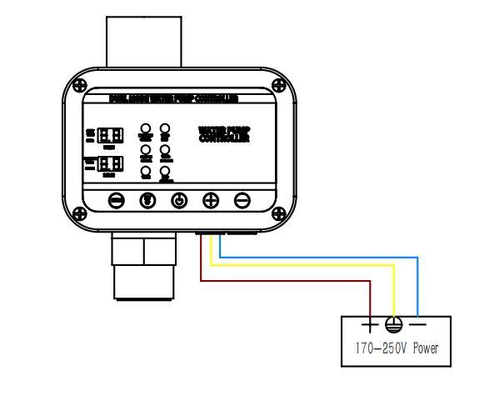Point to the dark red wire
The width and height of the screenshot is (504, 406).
(283, 281)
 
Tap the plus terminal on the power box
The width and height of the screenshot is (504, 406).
(371, 324)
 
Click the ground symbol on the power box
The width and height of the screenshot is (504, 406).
(394, 325)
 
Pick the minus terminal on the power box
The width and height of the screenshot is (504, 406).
(419, 324)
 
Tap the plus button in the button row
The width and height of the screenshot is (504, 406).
(211, 200)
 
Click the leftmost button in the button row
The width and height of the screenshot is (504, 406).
(117, 200)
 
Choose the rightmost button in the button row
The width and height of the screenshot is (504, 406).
(242, 200)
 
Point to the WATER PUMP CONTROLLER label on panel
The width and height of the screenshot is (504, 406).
(224, 134)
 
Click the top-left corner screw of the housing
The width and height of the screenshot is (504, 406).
(79, 84)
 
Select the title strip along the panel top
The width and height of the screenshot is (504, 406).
(174, 98)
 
